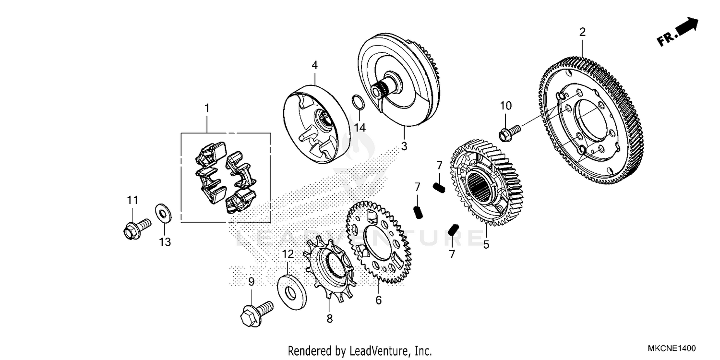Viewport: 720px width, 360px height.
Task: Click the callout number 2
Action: click(x=582, y=32)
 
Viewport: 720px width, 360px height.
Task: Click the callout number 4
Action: click(x=314, y=64)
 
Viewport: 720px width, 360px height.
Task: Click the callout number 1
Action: click(x=207, y=108)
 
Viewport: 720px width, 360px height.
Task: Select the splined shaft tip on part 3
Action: click(x=382, y=89)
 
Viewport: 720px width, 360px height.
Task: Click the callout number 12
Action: click(x=287, y=254)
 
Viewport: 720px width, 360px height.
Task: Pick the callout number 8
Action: click(x=329, y=318)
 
